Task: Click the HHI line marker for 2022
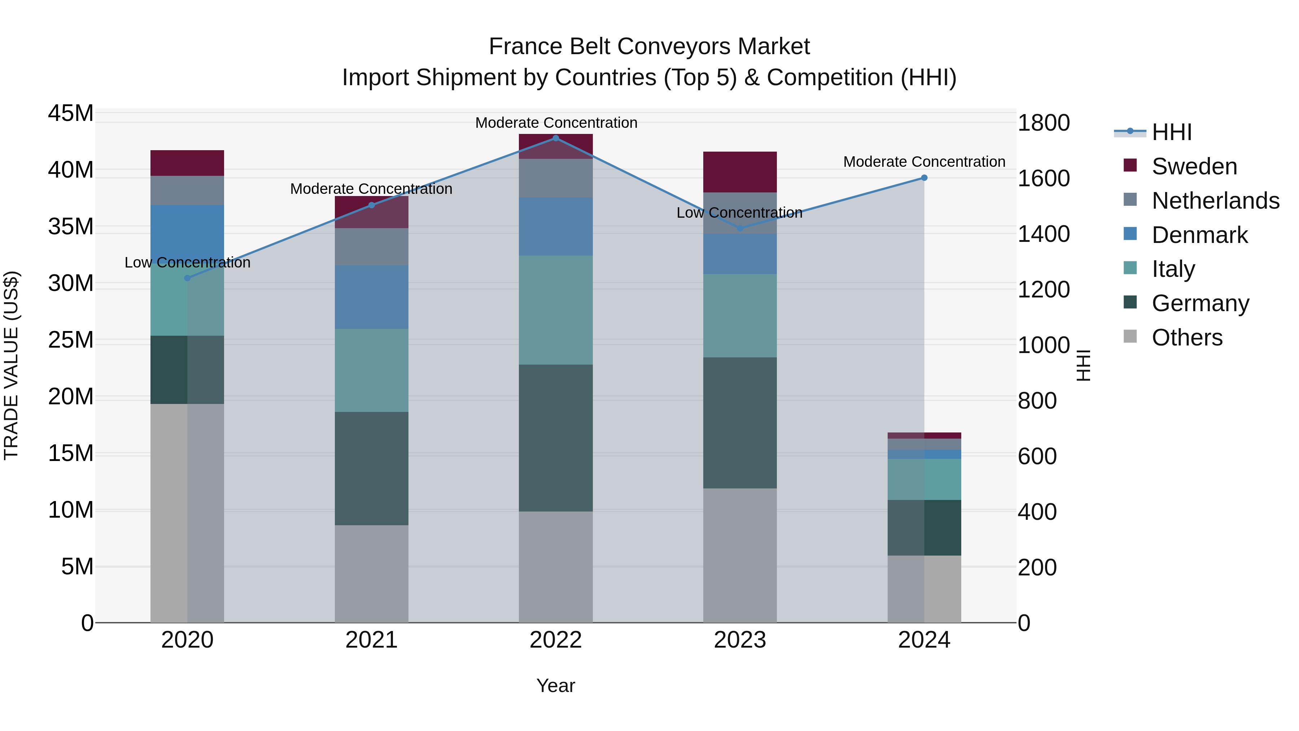(x=556, y=138)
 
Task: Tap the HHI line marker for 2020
(x=187, y=278)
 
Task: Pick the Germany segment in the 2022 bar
(x=556, y=438)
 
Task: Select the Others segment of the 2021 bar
(x=371, y=574)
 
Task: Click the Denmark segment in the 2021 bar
(x=371, y=297)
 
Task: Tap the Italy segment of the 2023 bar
(x=740, y=316)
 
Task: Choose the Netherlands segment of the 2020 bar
(x=187, y=190)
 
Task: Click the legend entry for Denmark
(x=1199, y=235)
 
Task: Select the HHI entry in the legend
(x=1171, y=132)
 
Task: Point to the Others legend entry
(x=1186, y=338)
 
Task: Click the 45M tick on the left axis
(x=71, y=113)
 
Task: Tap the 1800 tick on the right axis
(x=1043, y=123)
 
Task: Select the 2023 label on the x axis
(x=740, y=640)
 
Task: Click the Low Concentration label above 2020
(x=187, y=262)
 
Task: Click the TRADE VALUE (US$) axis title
(x=11, y=365)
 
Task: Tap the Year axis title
(x=555, y=686)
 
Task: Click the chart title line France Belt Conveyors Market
(x=649, y=47)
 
